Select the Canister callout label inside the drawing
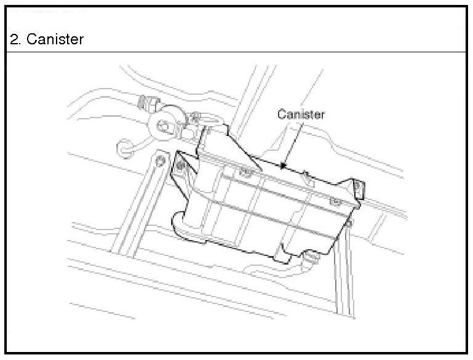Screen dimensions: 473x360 (x=300, y=114)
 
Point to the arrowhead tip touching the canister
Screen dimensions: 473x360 (x=282, y=166)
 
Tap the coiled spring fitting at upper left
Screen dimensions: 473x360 (x=147, y=102)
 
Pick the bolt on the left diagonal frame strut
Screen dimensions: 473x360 (x=160, y=161)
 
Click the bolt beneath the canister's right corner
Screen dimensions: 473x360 (x=348, y=223)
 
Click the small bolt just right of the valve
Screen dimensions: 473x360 (x=194, y=115)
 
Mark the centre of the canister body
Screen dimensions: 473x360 (x=264, y=206)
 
